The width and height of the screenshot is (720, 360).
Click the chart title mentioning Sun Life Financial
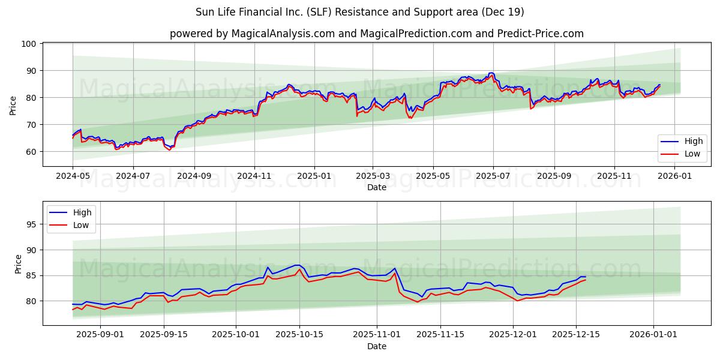click(x=359, y=12)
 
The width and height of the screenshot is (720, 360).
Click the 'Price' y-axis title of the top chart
click(x=13, y=106)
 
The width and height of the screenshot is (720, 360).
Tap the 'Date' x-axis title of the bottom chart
click(x=376, y=346)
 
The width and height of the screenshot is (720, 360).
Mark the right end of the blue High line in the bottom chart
click(x=586, y=277)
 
